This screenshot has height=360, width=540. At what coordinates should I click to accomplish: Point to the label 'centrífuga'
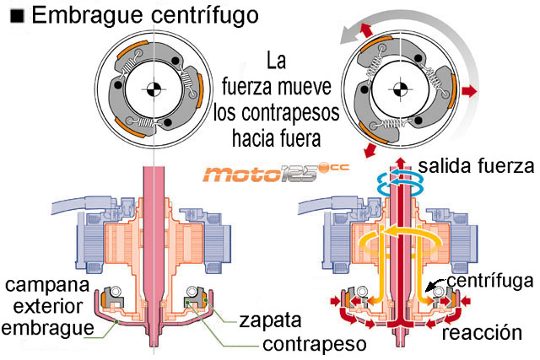(x=489, y=279)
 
